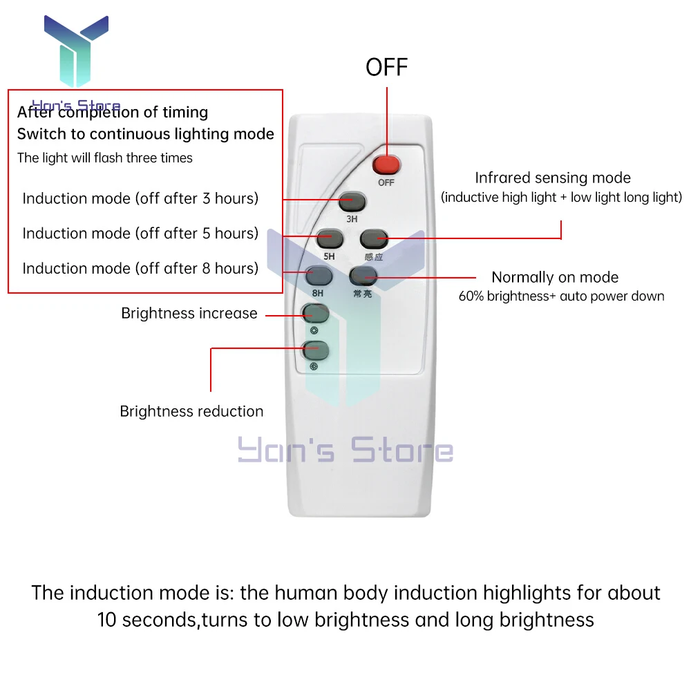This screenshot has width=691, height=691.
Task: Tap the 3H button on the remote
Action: (352, 202)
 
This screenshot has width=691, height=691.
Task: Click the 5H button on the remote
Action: (330, 239)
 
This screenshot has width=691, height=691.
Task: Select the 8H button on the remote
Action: (319, 276)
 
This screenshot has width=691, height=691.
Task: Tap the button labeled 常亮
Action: (362, 276)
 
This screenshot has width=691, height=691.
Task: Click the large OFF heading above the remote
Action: (387, 67)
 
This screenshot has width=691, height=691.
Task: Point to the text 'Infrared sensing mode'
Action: (553, 178)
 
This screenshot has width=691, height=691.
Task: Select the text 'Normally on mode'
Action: (555, 277)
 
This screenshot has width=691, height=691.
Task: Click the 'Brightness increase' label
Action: (189, 313)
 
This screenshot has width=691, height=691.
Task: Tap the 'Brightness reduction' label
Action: (191, 411)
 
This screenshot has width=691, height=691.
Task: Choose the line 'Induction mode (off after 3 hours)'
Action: (140, 198)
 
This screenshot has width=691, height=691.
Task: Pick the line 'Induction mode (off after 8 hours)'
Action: (140, 268)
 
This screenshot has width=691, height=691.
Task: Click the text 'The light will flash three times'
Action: (105, 158)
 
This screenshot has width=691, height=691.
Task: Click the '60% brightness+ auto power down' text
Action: (561, 296)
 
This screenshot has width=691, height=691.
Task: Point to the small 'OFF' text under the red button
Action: (386, 183)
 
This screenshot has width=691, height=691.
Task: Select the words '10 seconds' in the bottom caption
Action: (146, 619)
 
